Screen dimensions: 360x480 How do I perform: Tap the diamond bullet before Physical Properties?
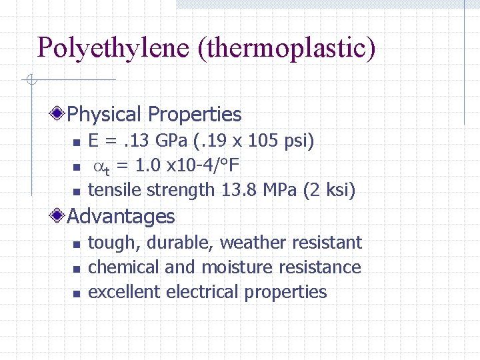click(x=59, y=115)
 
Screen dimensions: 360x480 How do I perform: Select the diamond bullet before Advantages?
click(x=59, y=216)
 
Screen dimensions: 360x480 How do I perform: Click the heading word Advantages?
click(x=121, y=216)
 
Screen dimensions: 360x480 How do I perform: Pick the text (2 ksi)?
click(x=329, y=190)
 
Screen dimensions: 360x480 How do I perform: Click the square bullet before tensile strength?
click(x=76, y=192)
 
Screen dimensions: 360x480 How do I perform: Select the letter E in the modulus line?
click(x=94, y=141)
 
